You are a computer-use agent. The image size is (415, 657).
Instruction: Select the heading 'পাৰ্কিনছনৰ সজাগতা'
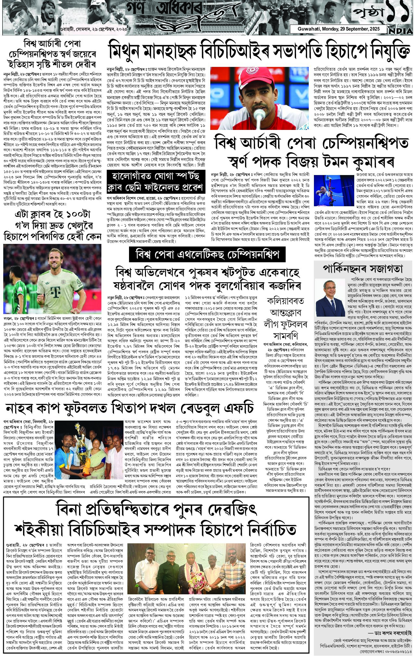pyautogui.click(x=362, y=269)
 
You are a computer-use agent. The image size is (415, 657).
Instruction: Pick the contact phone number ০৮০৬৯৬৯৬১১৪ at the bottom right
pyautogui.click(x=394, y=652)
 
